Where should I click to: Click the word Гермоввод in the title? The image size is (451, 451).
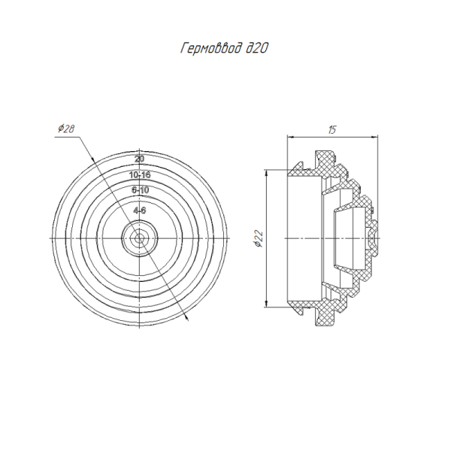(x=211, y=49)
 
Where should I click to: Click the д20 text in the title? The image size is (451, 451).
(x=257, y=48)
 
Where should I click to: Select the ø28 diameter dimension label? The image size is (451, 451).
(x=66, y=129)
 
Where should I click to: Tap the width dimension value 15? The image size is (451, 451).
(x=332, y=130)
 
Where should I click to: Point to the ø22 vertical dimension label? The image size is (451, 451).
(x=259, y=238)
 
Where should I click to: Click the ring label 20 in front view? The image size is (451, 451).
(x=140, y=159)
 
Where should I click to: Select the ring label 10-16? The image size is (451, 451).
(x=140, y=174)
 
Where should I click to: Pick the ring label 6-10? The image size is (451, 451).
(x=140, y=190)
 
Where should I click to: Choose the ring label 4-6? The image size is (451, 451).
(x=140, y=210)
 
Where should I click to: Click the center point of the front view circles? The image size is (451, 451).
(x=140, y=238)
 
